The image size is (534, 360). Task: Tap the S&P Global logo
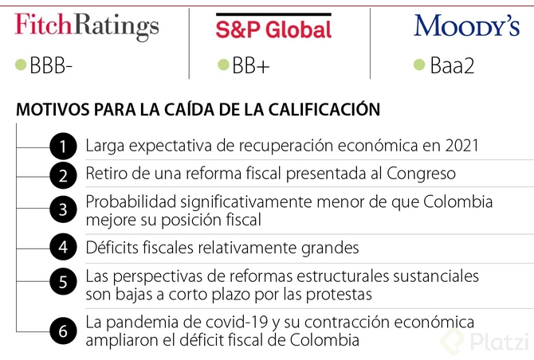tap(273, 29)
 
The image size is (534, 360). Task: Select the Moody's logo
tap(466, 26)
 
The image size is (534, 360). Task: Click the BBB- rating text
tap(51, 66)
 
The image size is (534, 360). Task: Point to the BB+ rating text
tap(250, 66)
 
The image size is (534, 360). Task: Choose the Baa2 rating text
tap(451, 66)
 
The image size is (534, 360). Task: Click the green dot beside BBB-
tap(22, 65)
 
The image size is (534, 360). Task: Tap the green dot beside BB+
tap(223, 65)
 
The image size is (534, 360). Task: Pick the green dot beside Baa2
tap(419, 65)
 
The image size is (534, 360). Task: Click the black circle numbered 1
tap(63, 147)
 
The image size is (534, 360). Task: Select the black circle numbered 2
tap(63, 174)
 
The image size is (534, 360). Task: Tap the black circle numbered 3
tap(63, 210)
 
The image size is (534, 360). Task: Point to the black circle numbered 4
tap(63, 247)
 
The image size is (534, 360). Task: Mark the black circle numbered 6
tap(63, 331)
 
